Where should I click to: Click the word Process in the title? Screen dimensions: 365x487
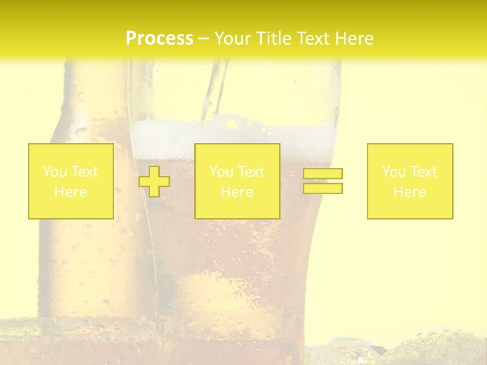point(159,39)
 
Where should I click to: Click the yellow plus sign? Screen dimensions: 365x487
point(154,181)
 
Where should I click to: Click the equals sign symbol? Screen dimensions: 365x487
point(323,181)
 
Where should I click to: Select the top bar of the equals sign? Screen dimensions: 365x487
point(323,174)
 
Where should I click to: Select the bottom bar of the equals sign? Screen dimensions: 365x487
point(323,188)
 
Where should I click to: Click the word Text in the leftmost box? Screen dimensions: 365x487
point(84,172)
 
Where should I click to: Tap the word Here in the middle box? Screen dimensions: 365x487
point(237,192)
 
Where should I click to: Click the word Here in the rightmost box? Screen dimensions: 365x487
point(410,192)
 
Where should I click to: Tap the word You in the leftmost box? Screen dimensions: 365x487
point(55,172)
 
